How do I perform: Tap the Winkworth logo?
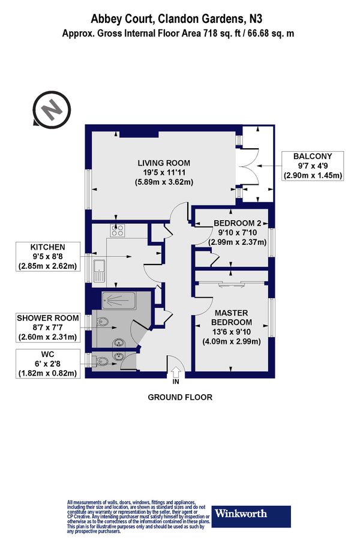click(x=251, y=516)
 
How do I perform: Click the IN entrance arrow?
click(x=176, y=372)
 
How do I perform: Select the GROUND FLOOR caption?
click(x=180, y=397)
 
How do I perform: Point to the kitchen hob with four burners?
click(x=118, y=230)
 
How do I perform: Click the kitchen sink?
click(x=99, y=270)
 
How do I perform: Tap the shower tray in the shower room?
click(x=119, y=301)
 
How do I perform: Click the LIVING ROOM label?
click(x=164, y=163)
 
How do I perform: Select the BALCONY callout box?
click(x=313, y=166)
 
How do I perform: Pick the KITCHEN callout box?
click(x=48, y=257)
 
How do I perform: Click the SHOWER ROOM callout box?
click(x=48, y=328)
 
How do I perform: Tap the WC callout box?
click(x=48, y=364)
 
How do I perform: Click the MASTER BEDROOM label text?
click(x=232, y=317)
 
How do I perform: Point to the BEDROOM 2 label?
click(x=238, y=223)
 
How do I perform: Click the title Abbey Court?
click(x=122, y=19)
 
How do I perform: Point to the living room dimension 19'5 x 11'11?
click(x=164, y=172)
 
